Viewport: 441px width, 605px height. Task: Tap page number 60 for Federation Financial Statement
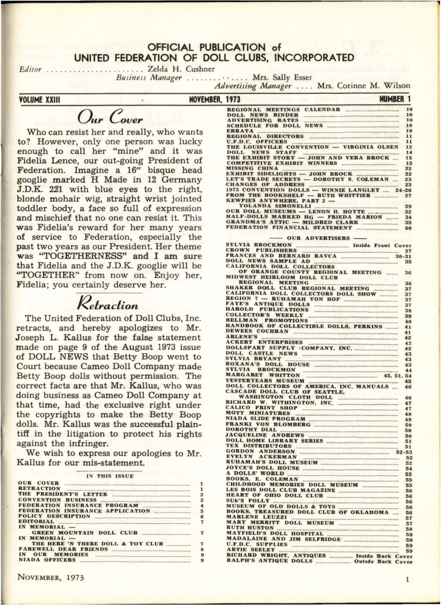coord(408,229)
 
